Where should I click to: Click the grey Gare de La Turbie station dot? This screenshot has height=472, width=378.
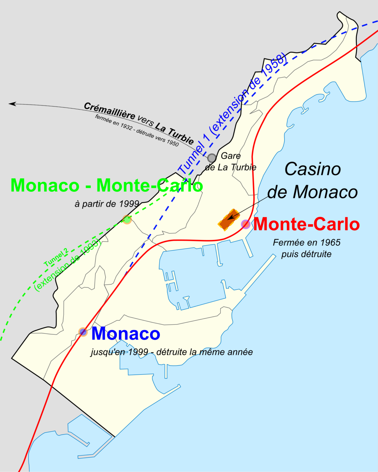click(x=212, y=158)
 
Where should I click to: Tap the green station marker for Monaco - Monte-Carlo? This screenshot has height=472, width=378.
click(x=127, y=219)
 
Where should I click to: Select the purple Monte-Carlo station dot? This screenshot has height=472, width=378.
click(x=245, y=224)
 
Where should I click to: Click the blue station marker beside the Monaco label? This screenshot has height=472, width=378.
click(x=83, y=332)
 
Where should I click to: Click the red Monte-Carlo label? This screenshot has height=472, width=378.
click(x=306, y=224)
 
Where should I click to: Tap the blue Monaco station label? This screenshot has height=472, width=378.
click(x=126, y=334)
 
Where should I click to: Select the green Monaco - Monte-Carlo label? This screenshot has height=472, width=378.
click(x=107, y=186)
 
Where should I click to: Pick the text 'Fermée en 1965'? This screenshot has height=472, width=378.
click(x=306, y=243)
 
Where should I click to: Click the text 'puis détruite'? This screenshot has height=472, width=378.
click(x=306, y=254)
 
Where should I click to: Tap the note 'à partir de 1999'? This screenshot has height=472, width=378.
click(x=107, y=204)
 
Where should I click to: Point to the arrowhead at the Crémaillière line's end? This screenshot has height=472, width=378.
click(x=12, y=104)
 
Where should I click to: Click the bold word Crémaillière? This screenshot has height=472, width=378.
click(x=109, y=111)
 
